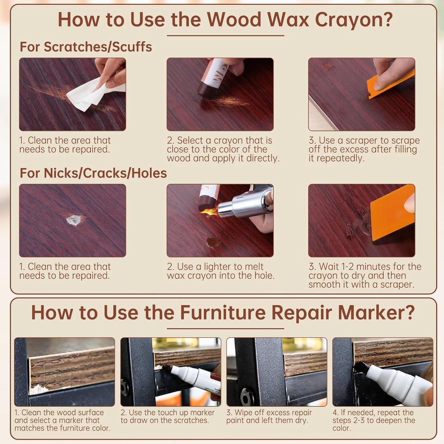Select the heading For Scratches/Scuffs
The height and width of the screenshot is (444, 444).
point(86,47)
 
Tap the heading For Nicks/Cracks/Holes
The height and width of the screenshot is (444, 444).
point(93,173)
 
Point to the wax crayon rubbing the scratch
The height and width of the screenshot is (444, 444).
point(212,78)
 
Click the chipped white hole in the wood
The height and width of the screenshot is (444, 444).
point(73,220)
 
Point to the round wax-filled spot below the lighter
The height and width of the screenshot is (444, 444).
point(213,242)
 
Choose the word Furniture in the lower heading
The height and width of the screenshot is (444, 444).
point(223,313)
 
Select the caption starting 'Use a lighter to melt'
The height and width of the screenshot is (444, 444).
point(221,271)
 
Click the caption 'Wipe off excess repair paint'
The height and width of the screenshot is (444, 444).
point(269,416)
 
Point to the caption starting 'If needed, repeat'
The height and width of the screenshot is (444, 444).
point(374,420)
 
